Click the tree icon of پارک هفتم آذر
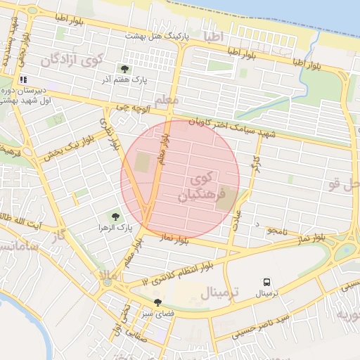(x=124, y=69)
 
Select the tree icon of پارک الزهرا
(x=113, y=217)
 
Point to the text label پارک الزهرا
(x=113, y=229)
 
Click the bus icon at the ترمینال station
(x=266, y=281)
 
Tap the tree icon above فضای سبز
(x=157, y=302)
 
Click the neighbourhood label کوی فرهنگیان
(x=204, y=186)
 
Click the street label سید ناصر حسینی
(x=268, y=322)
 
